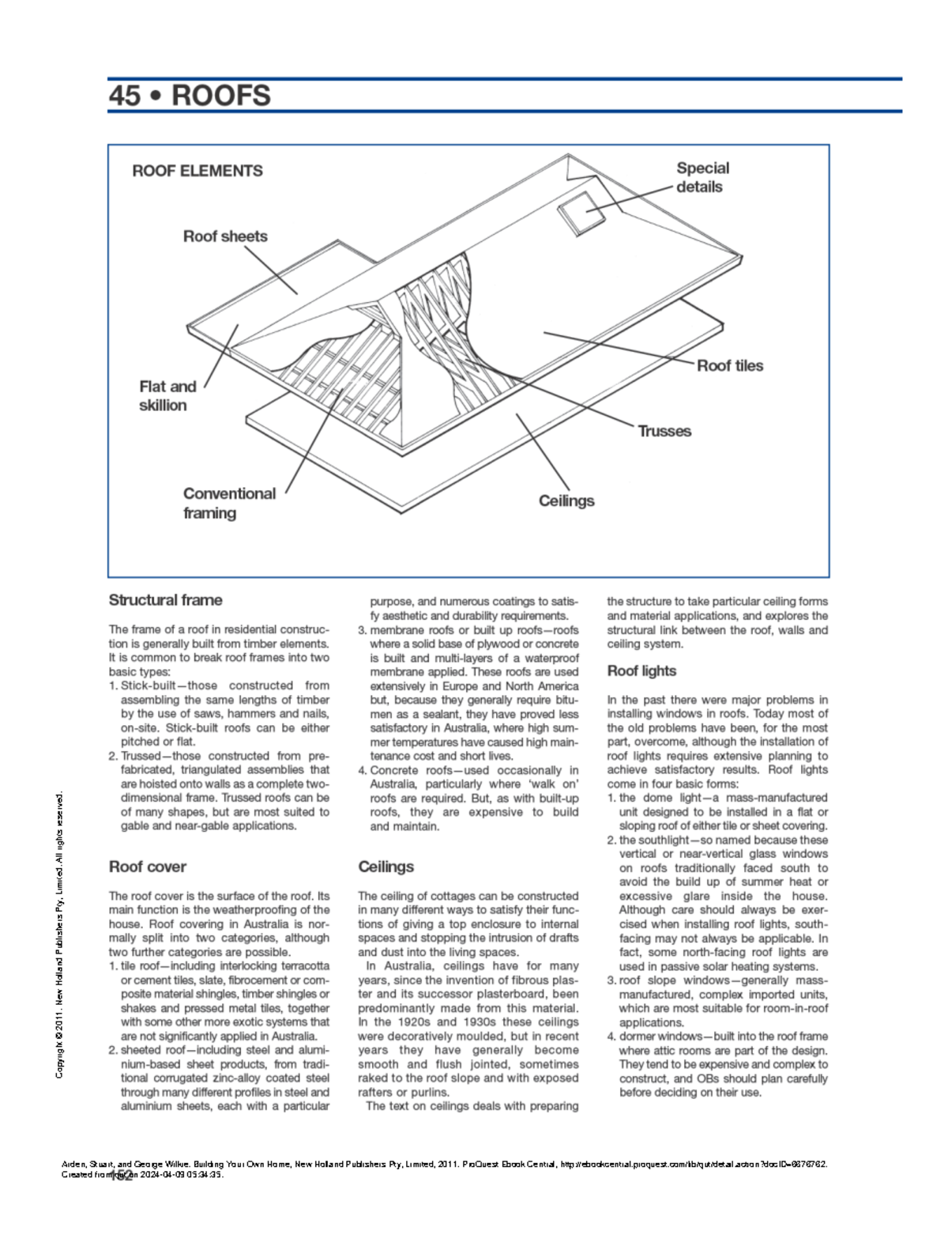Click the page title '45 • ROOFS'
tap(190, 96)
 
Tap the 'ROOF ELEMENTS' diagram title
tap(197, 171)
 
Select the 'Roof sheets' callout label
tap(225, 236)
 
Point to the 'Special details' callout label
tap(702, 177)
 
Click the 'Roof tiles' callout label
tap(730, 365)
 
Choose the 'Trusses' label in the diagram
tap(664, 431)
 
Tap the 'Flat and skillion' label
tap(167, 395)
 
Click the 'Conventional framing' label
tap(229, 503)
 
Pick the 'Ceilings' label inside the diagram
tap(566, 500)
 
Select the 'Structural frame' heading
tap(165, 600)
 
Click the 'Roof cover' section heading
tap(147, 867)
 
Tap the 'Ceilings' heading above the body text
tap(386, 867)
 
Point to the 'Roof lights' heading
tap(641, 670)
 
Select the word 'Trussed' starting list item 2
tap(141, 756)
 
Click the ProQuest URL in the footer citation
tap(694, 1164)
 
